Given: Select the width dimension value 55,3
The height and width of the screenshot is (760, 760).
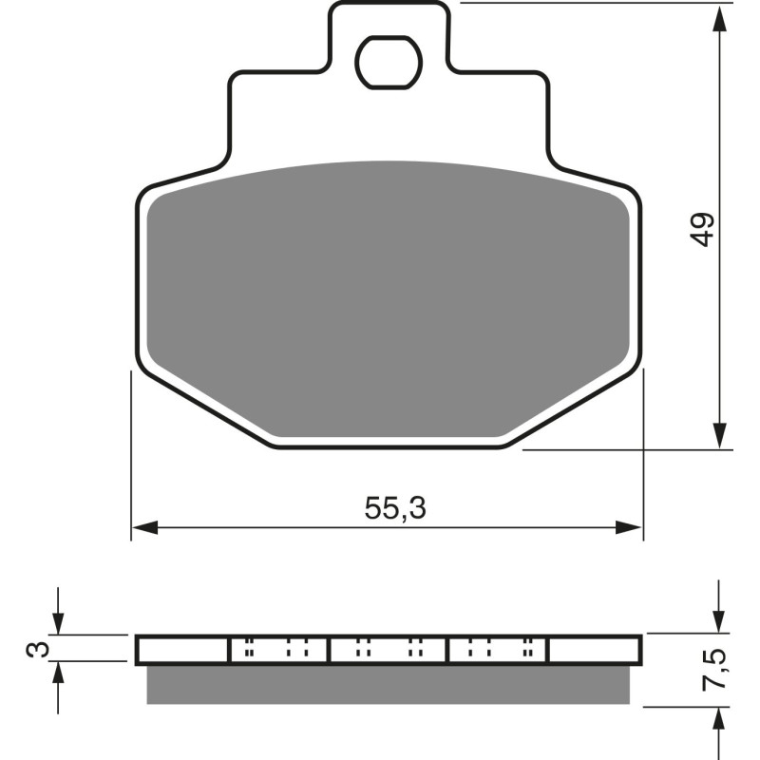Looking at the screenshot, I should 395,509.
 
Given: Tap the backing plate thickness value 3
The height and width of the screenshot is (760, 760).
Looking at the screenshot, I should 35,649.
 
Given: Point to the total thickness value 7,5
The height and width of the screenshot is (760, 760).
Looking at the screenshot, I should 719,671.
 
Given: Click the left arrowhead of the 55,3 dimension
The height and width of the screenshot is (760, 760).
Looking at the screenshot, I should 142,527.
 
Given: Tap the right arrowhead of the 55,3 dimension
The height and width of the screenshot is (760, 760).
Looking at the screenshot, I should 632,527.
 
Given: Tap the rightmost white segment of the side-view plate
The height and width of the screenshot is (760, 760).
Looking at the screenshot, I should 594,650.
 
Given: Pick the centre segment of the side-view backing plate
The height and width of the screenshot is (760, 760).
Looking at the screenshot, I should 388,650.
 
